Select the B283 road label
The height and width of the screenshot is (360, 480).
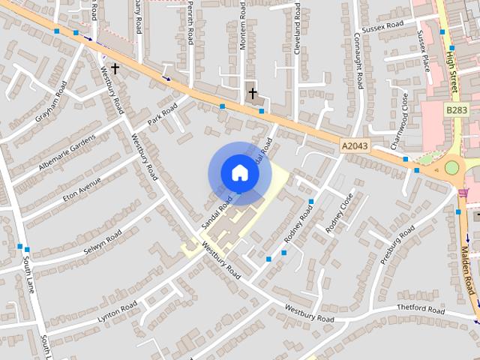456,110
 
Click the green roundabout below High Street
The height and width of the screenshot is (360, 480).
451,167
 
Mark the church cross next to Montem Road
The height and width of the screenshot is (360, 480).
253,94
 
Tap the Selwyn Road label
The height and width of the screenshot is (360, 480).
103,241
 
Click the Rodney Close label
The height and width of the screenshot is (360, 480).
337,213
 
